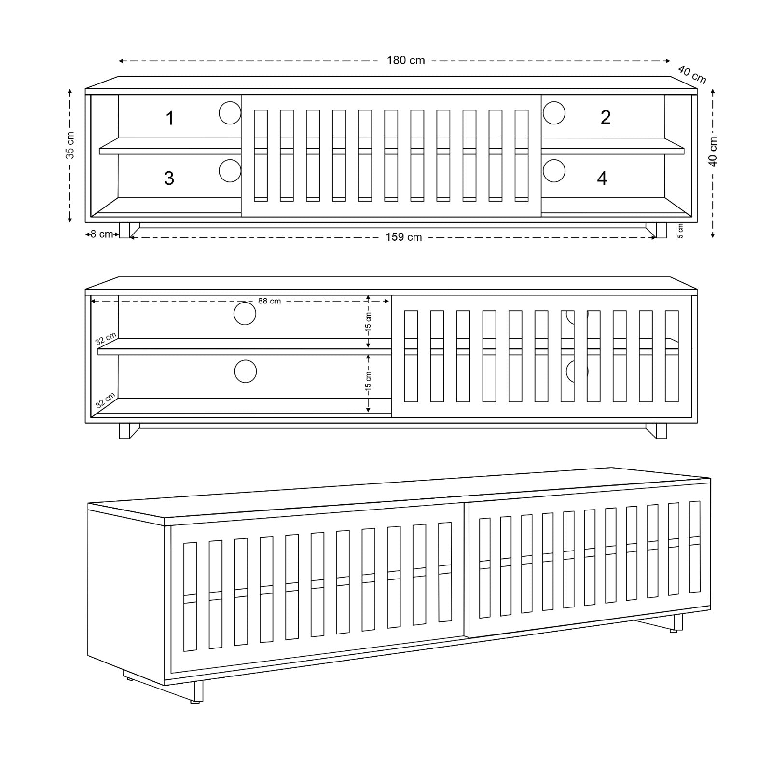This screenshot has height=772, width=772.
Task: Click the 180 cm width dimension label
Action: click(406, 60)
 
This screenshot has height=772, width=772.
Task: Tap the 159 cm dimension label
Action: click(404, 237)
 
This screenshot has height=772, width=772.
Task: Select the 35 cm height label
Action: click(70, 145)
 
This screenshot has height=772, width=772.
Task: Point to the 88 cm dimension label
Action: click(269, 301)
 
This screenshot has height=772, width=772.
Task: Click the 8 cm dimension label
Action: click(102, 234)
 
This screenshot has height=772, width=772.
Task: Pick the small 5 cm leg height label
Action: click(680, 231)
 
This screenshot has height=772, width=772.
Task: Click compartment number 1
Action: click(170, 118)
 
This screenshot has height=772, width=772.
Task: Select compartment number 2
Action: click(606, 117)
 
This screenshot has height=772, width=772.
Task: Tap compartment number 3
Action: click(169, 178)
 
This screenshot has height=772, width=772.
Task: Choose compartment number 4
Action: click(602, 179)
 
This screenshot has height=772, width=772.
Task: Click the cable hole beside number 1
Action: click(230, 113)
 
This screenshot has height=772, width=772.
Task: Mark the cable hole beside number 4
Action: click(554, 171)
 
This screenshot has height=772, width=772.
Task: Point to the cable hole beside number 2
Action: click(554, 113)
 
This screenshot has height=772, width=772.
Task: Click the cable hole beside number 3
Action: click(230, 171)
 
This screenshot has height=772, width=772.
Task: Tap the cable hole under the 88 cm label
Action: click(245, 314)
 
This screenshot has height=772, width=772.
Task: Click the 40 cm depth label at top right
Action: click(692, 74)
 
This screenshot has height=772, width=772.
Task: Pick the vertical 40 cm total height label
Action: click(713, 151)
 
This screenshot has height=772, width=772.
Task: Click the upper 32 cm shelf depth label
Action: click(106, 338)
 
